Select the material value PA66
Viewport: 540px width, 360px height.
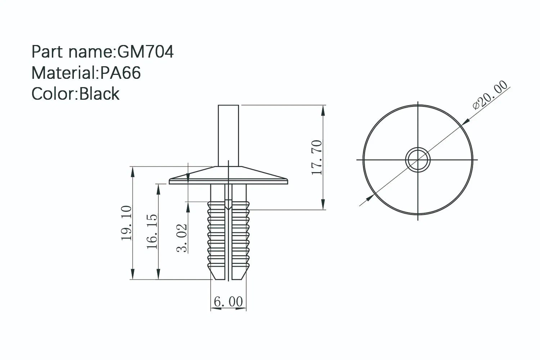coord(120,73)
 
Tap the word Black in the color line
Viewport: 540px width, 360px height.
coord(99,94)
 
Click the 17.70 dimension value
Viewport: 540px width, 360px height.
coord(317,157)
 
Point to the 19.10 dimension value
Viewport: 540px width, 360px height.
coord(126,223)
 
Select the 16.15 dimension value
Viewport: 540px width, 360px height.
coord(152,231)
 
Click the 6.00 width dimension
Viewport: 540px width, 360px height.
coord(228,301)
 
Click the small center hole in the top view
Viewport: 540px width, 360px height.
coord(418,159)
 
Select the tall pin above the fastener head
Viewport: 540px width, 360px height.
coord(228,135)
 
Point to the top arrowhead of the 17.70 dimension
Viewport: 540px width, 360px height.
coord(324,109)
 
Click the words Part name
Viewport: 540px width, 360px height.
coord(72,51)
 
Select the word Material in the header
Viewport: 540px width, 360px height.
coord(63,73)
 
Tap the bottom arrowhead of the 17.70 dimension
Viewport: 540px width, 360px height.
coord(324,205)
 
